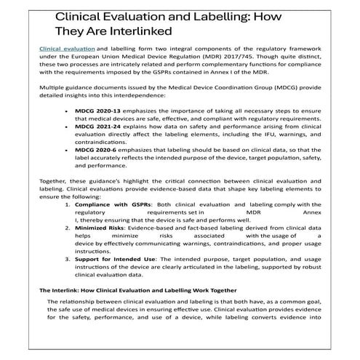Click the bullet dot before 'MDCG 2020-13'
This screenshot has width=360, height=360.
pyautogui.click(x=68, y=114)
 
